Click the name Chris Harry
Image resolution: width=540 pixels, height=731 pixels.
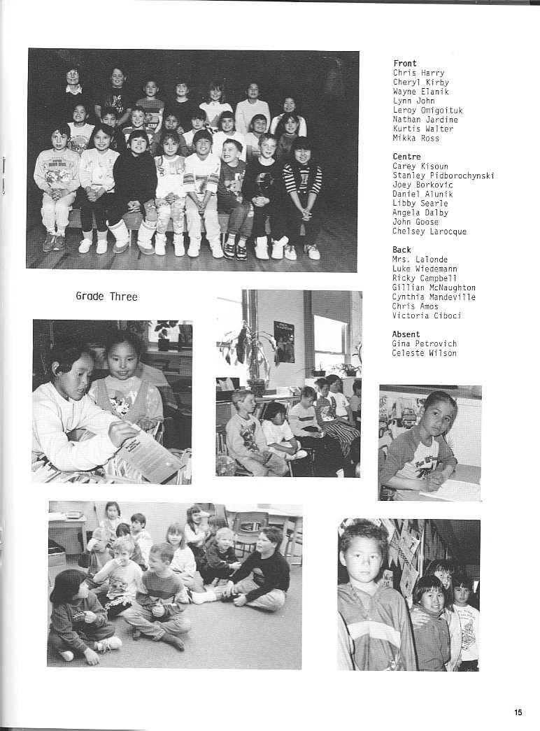(418, 73)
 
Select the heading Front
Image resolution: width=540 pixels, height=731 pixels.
(404, 64)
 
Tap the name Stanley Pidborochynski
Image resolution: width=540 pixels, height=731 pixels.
(443, 176)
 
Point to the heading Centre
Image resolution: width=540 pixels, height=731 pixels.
(406, 157)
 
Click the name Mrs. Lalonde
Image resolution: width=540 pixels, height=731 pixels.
(420, 260)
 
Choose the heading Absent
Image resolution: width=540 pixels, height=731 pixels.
(406, 334)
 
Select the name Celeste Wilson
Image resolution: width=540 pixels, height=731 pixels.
(424, 353)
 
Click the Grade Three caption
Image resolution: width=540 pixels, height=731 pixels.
(106, 297)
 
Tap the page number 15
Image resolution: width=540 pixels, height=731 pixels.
(517, 713)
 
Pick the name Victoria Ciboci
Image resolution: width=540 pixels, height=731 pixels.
(426, 315)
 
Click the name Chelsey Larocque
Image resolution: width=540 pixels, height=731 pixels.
(429, 232)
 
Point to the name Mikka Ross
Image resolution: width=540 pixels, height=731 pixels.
(415, 139)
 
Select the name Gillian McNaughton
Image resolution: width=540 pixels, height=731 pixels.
(434, 288)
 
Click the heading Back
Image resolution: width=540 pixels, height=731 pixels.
(402, 250)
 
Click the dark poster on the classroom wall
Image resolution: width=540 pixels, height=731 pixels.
(283, 341)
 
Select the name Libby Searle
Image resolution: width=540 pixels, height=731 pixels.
(420, 204)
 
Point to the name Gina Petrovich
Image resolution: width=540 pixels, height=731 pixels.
(424, 343)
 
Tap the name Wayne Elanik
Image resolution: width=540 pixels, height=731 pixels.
(420, 92)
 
